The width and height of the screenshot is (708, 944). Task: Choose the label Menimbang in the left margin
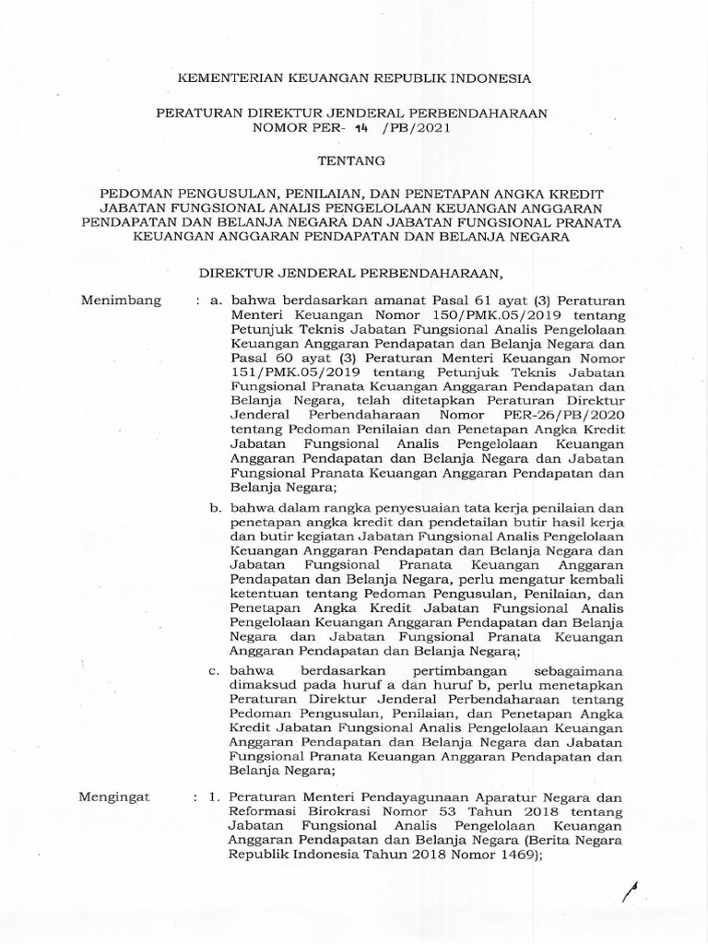121,301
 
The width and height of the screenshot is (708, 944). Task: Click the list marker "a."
218,301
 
